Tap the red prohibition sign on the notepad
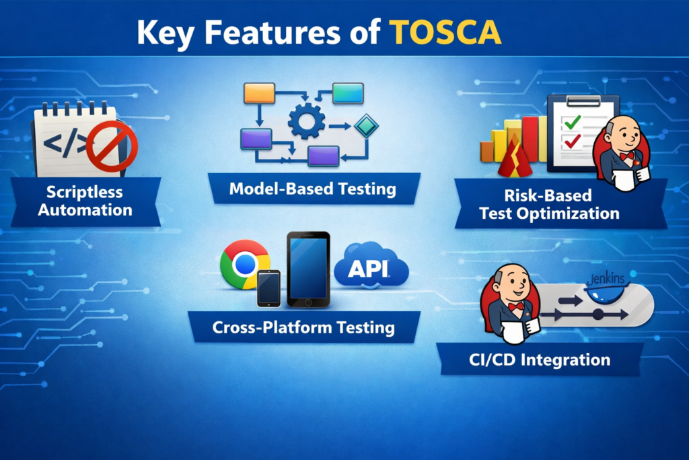[116, 146]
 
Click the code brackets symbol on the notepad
[66, 143]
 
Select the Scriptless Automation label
[85, 201]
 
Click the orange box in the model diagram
[259, 92]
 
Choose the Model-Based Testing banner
[313, 189]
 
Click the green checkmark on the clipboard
[573, 123]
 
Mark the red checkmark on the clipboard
[573, 142]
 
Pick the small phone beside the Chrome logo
[269, 288]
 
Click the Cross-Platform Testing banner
[303, 327]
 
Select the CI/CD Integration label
[539, 360]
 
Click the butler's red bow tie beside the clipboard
[628, 156]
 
